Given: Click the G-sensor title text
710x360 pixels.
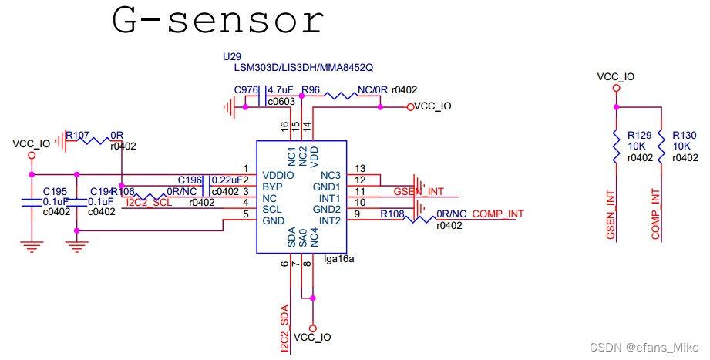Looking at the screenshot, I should [217, 22].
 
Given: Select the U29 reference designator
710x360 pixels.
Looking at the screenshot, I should [230, 57].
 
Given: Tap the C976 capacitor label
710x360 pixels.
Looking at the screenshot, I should [246, 90].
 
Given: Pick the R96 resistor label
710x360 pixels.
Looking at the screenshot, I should [311, 90].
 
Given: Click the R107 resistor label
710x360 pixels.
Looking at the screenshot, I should [77, 134].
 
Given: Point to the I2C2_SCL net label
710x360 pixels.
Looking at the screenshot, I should [148, 203].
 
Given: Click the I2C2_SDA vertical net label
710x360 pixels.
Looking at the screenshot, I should [284, 328].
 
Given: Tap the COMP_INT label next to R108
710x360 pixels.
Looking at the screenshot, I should [498, 214].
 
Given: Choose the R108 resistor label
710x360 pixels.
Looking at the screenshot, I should [392, 214].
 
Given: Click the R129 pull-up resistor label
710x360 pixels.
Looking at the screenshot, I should [639, 133].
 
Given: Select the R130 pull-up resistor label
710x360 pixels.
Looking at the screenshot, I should [684, 133].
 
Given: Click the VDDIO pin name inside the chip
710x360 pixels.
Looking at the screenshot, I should [278, 174].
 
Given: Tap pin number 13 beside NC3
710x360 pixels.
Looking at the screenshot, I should [359, 168].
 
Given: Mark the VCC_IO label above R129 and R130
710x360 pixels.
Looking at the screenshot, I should [616, 77].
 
